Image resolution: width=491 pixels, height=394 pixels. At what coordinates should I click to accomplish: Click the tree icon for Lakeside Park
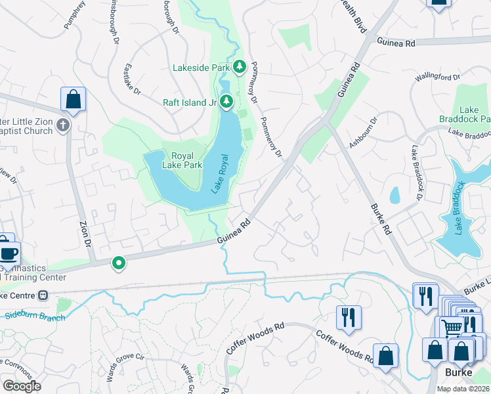pyautogui.click(x=240, y=66)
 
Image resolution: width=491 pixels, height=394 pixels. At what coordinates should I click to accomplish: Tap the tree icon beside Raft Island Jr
pyautogui.click(x=226, y=101)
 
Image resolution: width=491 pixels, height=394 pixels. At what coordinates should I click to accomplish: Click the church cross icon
pyautogui.click(x=63, y=125)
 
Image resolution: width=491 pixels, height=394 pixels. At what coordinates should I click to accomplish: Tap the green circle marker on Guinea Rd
pyautogui.click(x=119, y=263)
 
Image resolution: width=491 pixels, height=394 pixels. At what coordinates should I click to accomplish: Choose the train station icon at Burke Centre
pyautogui.click(x=44, y=295)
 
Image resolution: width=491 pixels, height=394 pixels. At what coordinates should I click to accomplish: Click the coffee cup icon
pyautogui.click(x=9, y=253)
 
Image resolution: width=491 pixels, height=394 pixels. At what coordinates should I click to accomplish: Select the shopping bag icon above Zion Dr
pyautogui.click(x=74, y=100)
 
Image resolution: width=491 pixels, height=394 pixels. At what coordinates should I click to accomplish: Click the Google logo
pyautogui.click(x=22, y=385)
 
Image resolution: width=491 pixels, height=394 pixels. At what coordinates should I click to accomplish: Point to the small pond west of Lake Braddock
pyautogui.click(x=395, y=196)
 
